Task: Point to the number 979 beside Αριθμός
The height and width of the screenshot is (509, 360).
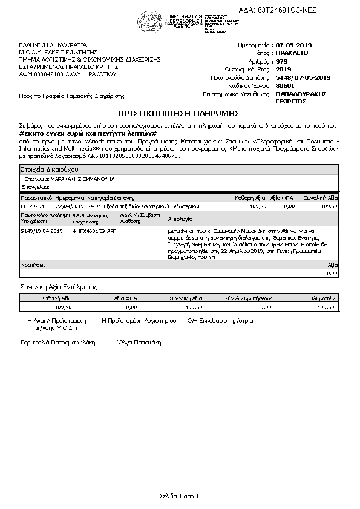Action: tap(281, 61)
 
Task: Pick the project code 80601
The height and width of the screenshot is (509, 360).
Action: tap(284, 86)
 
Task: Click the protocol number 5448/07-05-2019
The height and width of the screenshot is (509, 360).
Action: tap(303, 77)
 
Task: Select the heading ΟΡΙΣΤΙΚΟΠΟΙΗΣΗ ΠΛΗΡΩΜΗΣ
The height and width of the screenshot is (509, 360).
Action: tap(180, 113)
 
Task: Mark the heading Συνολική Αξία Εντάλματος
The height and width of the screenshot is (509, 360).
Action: tap(59, 287)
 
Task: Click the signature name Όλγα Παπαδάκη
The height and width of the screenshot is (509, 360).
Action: tap(139, 342)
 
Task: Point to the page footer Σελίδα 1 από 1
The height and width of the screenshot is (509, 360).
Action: tap(179, 496)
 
